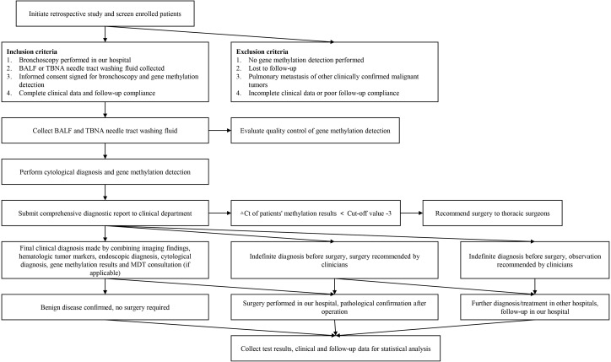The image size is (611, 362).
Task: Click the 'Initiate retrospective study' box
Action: (105, 14)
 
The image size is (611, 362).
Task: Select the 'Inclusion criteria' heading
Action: (32, 51)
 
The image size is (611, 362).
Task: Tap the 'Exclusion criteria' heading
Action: (262, 51)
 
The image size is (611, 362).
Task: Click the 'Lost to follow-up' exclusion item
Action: (273, 68)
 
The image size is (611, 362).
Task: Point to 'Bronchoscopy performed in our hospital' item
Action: (75, 60)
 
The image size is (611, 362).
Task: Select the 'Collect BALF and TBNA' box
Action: (105, 131)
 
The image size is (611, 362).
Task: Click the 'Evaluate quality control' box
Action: (315, 131)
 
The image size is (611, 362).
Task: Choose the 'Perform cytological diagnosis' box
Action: (105, 172)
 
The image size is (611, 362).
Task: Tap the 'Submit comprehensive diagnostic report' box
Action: (105, 213)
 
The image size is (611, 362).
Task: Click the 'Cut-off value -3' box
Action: (316, 213)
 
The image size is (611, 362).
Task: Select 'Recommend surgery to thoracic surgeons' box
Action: (493, 213)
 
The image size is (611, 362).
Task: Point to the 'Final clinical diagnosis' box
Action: (105, 260)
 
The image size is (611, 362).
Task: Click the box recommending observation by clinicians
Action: (535, 260)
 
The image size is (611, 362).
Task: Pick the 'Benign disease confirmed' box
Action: (105, 307)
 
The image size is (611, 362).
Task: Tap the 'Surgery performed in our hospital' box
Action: (334, 307)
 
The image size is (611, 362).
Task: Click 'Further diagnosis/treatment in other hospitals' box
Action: (535, 307)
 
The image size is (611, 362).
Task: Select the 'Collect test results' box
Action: (336, 348)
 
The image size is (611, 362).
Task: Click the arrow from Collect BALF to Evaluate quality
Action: (219, 131)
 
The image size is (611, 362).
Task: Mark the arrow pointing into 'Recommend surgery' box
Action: (412, 213)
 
